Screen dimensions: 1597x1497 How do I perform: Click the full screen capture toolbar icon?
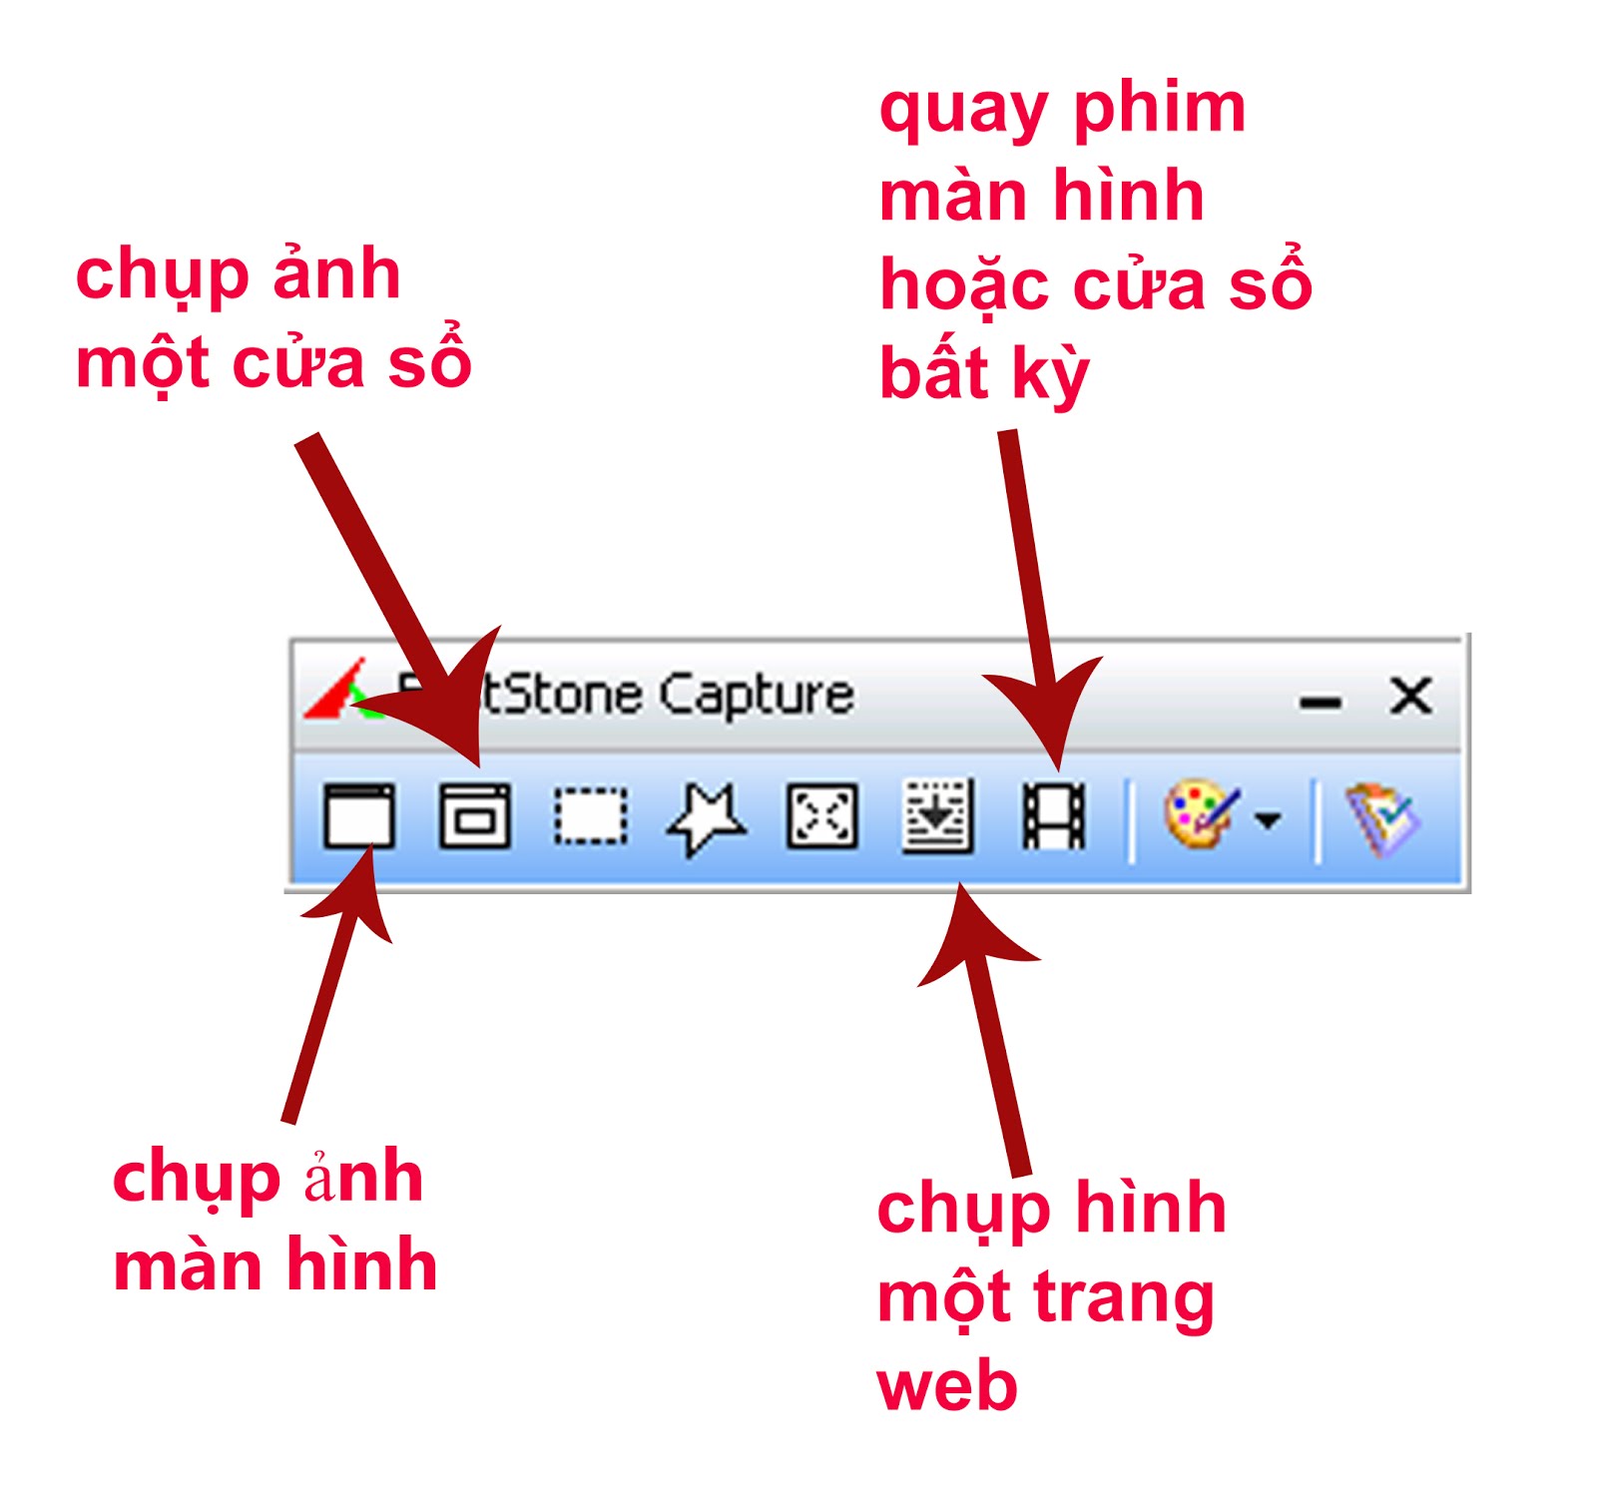358,815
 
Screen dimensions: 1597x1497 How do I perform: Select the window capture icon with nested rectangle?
475,815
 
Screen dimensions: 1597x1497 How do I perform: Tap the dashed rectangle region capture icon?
591,815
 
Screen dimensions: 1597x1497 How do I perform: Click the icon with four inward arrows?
821,815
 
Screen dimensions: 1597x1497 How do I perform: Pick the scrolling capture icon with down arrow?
937,816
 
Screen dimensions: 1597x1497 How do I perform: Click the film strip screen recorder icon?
1053,815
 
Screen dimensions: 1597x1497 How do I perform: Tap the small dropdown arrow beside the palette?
1268,820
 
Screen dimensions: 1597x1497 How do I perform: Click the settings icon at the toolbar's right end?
1382,818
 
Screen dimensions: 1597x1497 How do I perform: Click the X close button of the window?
1410,696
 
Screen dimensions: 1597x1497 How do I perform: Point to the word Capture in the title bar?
756,695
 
